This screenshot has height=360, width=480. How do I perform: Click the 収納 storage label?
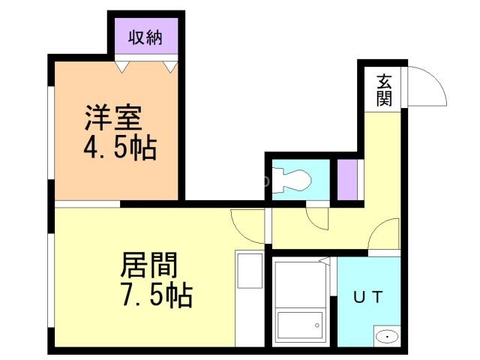(x=144, y=36)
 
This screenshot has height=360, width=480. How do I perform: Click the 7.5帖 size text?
(x=157, y=295)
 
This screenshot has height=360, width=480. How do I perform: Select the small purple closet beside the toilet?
(x=347, y=180)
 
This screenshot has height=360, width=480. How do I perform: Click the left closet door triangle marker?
(x=122, y=67)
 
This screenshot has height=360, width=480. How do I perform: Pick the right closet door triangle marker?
(x=169, y=67)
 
